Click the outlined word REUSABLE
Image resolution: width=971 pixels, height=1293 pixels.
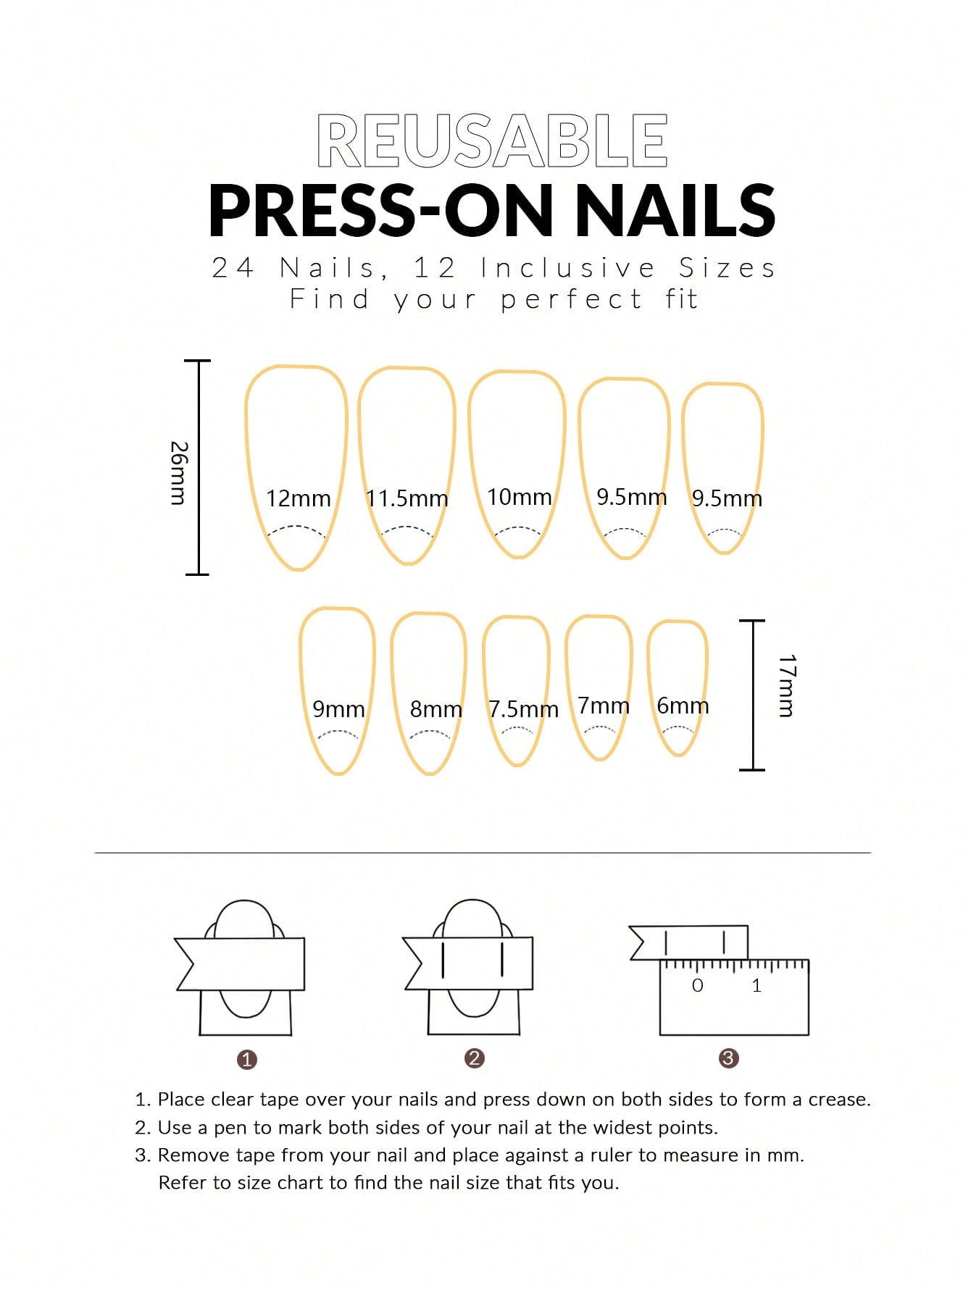pos(492,141)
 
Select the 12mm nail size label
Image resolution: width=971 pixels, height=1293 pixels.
pos(298,499)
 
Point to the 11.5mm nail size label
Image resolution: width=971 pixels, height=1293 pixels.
pos(407,499)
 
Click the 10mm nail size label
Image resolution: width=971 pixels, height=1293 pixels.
pos(519,498)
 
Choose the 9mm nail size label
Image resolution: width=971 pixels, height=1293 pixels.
pos(338,709)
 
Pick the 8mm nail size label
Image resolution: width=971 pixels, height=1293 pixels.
pos(436,709)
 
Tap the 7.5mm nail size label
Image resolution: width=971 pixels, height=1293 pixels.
pos(522,709)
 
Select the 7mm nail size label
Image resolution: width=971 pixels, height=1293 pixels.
pos(603,706)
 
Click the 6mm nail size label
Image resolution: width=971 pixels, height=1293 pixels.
pos(682,706)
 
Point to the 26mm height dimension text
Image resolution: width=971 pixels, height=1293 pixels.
pos(178,472)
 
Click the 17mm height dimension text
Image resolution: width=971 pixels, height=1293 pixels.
pos(787,685)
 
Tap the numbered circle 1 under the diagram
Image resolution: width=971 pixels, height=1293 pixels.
pos(247,1060)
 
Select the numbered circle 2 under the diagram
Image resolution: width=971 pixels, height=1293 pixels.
pos(474,1058)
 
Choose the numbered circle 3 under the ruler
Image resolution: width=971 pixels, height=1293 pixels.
pos(728,1058)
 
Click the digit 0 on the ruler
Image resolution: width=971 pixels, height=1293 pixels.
pos(697,986)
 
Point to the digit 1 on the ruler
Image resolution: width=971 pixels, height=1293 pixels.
pos(757,986)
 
